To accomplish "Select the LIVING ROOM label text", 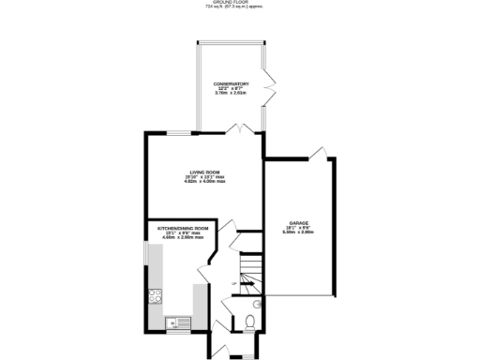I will click(204, 172).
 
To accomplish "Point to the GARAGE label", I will click(300, 222).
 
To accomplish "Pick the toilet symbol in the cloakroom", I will click(247, 323).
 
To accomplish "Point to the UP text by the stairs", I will click(232, 282).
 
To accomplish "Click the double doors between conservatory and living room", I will click(244, 127).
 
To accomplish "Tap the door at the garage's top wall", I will click(318, 152).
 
